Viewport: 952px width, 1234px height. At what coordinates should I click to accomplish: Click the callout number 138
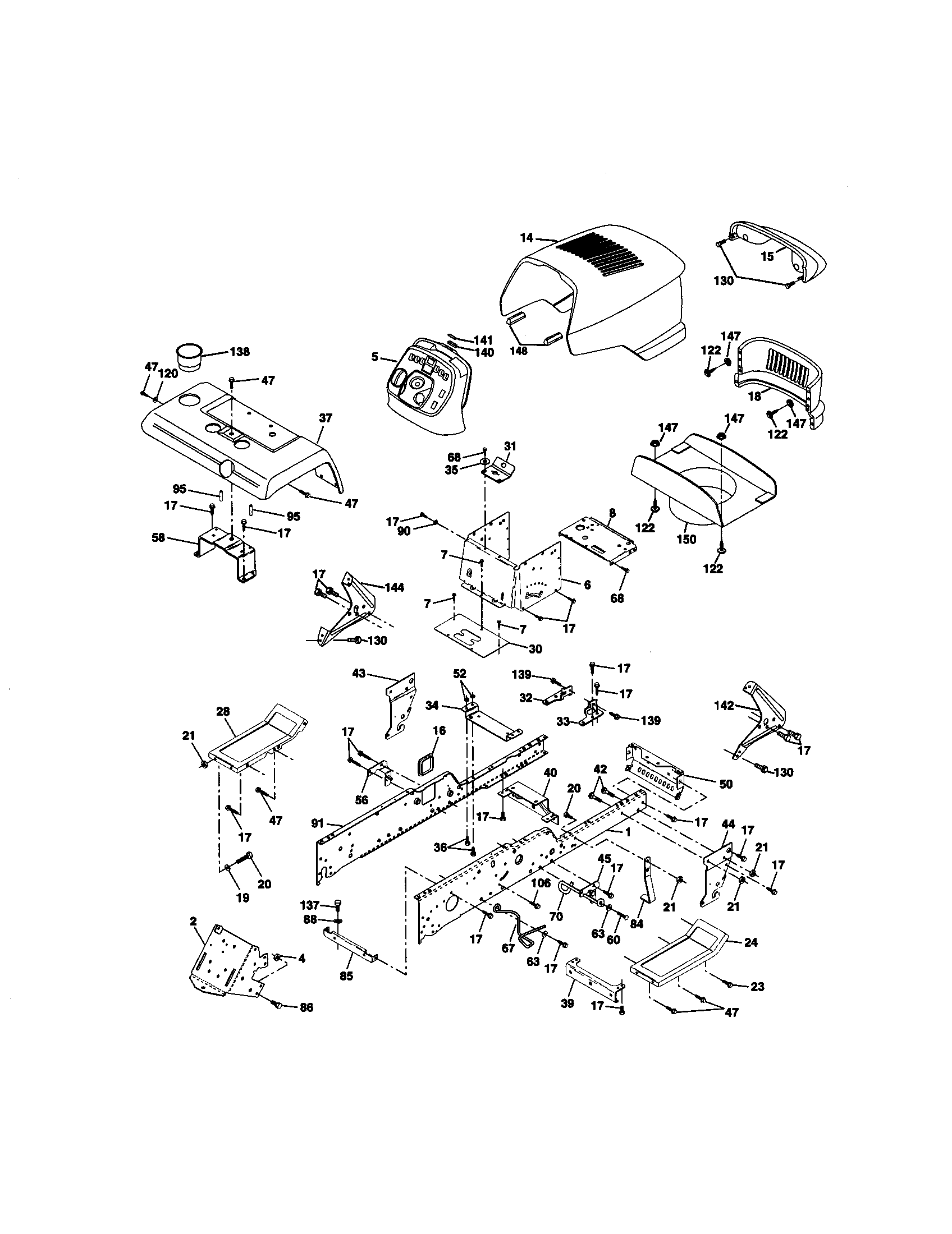pos(240,352)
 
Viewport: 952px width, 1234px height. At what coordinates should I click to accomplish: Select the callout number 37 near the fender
pos(326,418)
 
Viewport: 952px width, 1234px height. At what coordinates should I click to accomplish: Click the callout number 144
pos(393,587)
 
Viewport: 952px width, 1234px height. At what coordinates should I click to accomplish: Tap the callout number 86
pos(305,1007)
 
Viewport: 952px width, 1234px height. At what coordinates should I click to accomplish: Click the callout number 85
pos(346,976)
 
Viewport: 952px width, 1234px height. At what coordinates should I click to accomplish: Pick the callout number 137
pos(310,905)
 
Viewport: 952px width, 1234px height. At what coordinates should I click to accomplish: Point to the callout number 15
pos(767,256)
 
